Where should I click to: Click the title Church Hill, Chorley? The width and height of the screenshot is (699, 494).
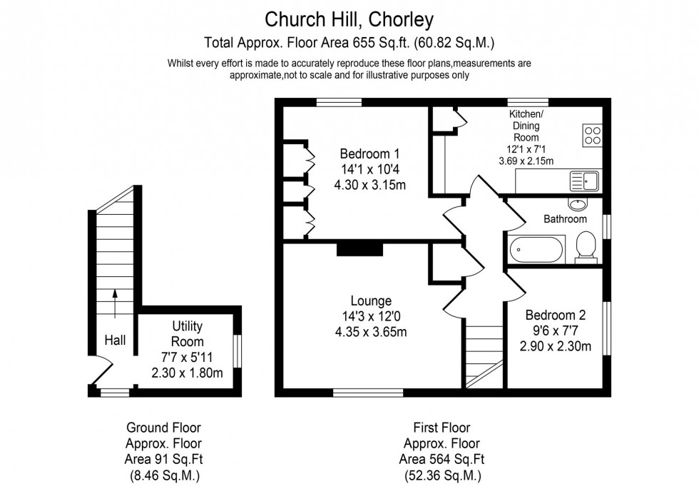click(x=349, y=16)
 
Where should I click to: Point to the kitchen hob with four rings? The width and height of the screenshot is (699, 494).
click(x=593, y=135)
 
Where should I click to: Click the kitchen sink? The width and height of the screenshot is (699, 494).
click(x=584, y=181)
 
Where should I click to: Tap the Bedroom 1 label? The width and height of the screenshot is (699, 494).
click(x=369, y=153)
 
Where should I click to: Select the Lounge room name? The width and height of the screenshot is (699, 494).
click(x=370, y=301)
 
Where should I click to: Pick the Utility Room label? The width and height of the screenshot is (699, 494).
click(x=188, y=333)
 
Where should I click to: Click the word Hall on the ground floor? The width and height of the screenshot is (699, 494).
click(x=115, y=341)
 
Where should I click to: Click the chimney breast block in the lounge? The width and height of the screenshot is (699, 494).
click(x=360, y=248)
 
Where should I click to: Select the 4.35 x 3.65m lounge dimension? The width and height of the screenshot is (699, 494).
click(x=370, y=332)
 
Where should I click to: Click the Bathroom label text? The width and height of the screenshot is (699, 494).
click(x=565, y=219)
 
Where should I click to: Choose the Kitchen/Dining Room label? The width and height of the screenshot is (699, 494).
click(x=525, y=126)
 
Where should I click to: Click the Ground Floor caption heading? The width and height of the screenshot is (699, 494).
click(x=163, y=428)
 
